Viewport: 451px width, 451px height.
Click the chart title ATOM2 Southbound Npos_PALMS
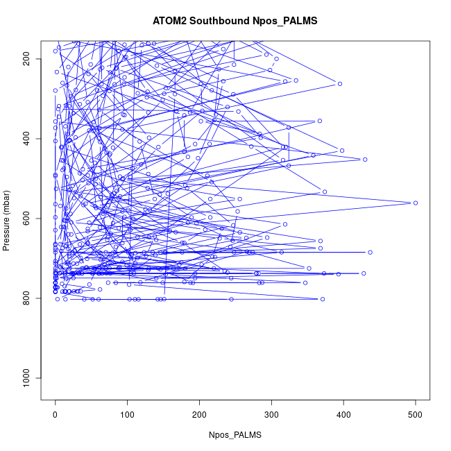click(235, 21)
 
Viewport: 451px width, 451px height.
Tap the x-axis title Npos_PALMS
click(235, 434)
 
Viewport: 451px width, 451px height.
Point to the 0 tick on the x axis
click(56, 415)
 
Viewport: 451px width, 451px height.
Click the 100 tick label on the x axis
click(127, 415)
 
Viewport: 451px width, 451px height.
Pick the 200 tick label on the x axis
click(199, 415)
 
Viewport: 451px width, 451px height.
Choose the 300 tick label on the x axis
click(271, 415)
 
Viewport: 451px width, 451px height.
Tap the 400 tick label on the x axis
click(343, 415)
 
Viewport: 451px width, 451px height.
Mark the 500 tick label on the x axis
click(416, 415)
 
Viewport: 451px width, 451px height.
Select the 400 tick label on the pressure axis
click(26, 139)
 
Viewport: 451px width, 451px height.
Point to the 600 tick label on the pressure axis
click(26, 219)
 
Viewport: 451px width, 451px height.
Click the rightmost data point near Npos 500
click(415, 203)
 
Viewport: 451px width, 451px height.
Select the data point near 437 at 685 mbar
click(370, 253)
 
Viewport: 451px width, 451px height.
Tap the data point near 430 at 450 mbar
click(365, 160)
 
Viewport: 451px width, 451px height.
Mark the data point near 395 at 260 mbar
click(340, 84)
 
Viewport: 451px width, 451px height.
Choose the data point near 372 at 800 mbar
click(323, 299)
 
